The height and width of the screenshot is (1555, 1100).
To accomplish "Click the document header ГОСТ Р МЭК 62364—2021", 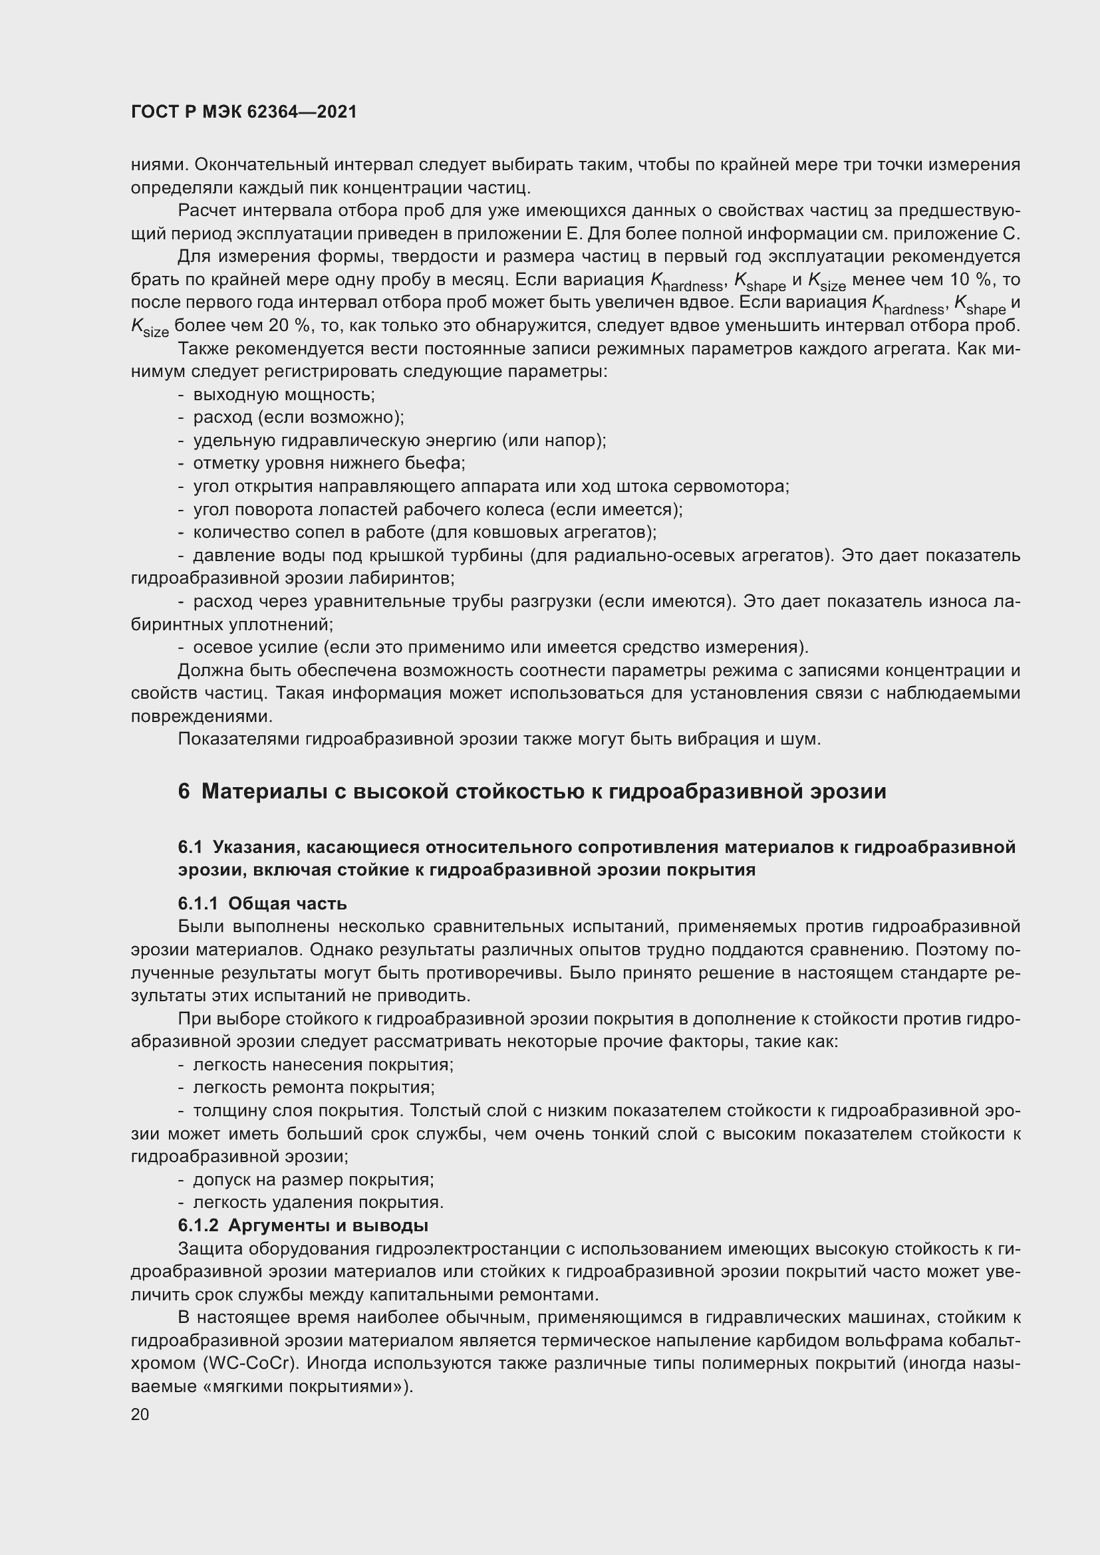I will pyautogui.click(x=243, y=112).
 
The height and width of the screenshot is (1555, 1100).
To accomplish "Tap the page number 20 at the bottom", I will pyautogui.click(x=140, y=1414).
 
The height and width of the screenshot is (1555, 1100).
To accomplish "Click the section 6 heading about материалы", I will pyautogui.click(x=532, y=791).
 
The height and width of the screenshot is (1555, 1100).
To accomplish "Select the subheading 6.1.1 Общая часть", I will pyautogui.click(x=262, y=903).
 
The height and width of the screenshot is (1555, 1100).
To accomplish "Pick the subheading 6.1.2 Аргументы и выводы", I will pyautogui.click(x=303, y=1225).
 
